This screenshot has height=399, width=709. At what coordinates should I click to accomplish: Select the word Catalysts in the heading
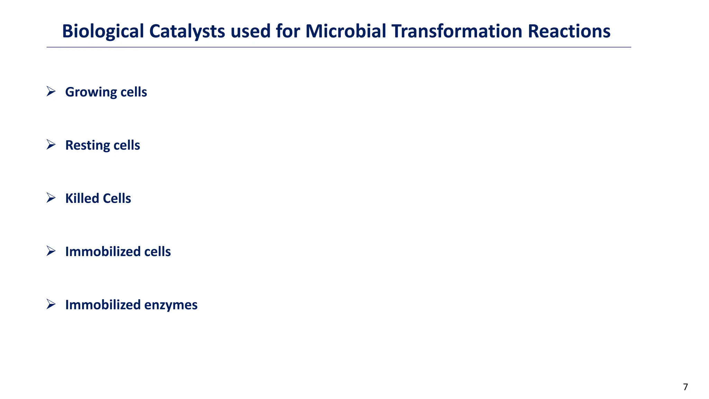click(187, 32)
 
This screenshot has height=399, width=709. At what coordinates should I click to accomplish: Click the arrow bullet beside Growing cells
click(51, 91)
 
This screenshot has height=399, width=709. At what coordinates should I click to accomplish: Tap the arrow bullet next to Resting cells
click(51, 145)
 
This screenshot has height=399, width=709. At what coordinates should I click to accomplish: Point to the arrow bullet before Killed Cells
click(51, 198)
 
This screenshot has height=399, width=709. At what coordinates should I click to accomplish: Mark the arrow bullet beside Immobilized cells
click(51, 251)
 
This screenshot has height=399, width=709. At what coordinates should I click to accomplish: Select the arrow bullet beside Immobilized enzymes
click(51, 304)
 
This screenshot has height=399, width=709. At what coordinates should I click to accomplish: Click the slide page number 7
click(685, 387)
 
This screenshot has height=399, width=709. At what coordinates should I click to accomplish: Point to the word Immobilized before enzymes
click(103, 305)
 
